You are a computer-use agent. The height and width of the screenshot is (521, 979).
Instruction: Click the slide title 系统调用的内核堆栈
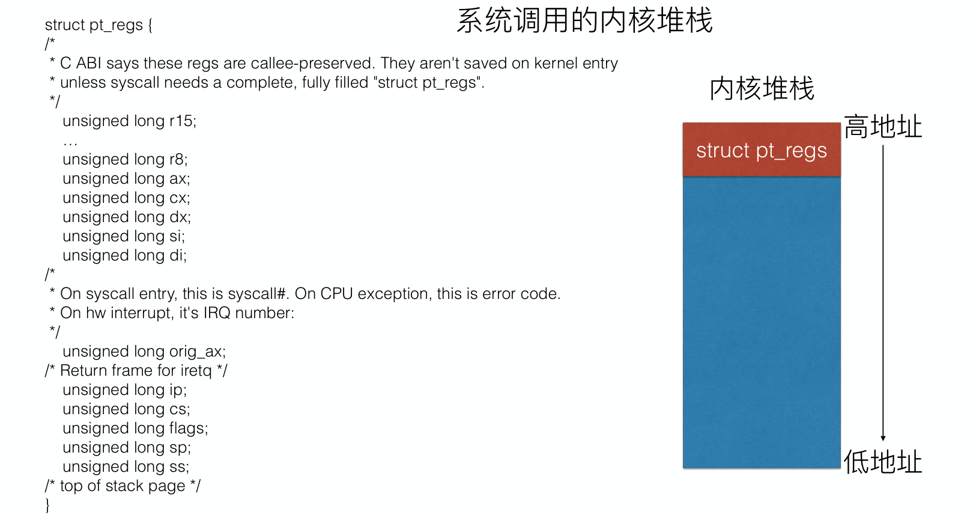584,21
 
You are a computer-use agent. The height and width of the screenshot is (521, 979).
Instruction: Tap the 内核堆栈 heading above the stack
762,89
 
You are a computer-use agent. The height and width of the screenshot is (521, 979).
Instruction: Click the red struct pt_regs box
762,150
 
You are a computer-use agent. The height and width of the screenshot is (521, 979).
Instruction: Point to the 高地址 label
882,127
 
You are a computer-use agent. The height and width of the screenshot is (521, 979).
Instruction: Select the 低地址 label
882,462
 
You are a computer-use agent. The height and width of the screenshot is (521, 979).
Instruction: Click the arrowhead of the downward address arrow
883,438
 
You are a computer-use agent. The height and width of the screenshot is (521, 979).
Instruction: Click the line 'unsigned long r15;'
129,121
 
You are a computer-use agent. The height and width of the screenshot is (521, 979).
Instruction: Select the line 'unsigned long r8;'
125,160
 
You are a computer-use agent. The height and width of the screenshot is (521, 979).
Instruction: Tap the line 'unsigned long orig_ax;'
144,352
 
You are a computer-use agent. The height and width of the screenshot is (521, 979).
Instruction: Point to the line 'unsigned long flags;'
135,429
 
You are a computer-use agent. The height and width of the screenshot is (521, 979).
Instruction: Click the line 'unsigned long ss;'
126,467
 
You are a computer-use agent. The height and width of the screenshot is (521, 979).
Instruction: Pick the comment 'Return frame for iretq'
136,371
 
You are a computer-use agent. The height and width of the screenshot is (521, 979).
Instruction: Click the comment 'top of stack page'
123,486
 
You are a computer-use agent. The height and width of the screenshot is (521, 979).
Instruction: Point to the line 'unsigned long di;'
125,256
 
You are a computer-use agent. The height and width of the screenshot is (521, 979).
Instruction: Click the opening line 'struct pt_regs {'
99,25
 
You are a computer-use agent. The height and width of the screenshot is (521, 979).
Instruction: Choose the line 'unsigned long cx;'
126,198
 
